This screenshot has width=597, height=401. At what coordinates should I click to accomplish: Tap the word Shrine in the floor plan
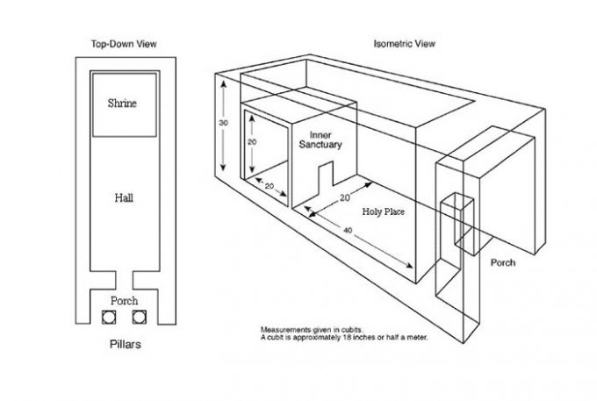122,104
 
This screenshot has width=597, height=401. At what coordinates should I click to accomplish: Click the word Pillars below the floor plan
122,344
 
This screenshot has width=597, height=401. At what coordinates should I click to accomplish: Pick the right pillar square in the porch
136,316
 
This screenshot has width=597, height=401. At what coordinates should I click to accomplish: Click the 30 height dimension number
223,123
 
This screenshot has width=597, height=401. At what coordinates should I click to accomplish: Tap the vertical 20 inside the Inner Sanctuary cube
251,140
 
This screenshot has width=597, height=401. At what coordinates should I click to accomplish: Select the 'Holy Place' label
383,212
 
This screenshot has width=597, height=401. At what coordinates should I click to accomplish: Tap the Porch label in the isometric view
503,262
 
